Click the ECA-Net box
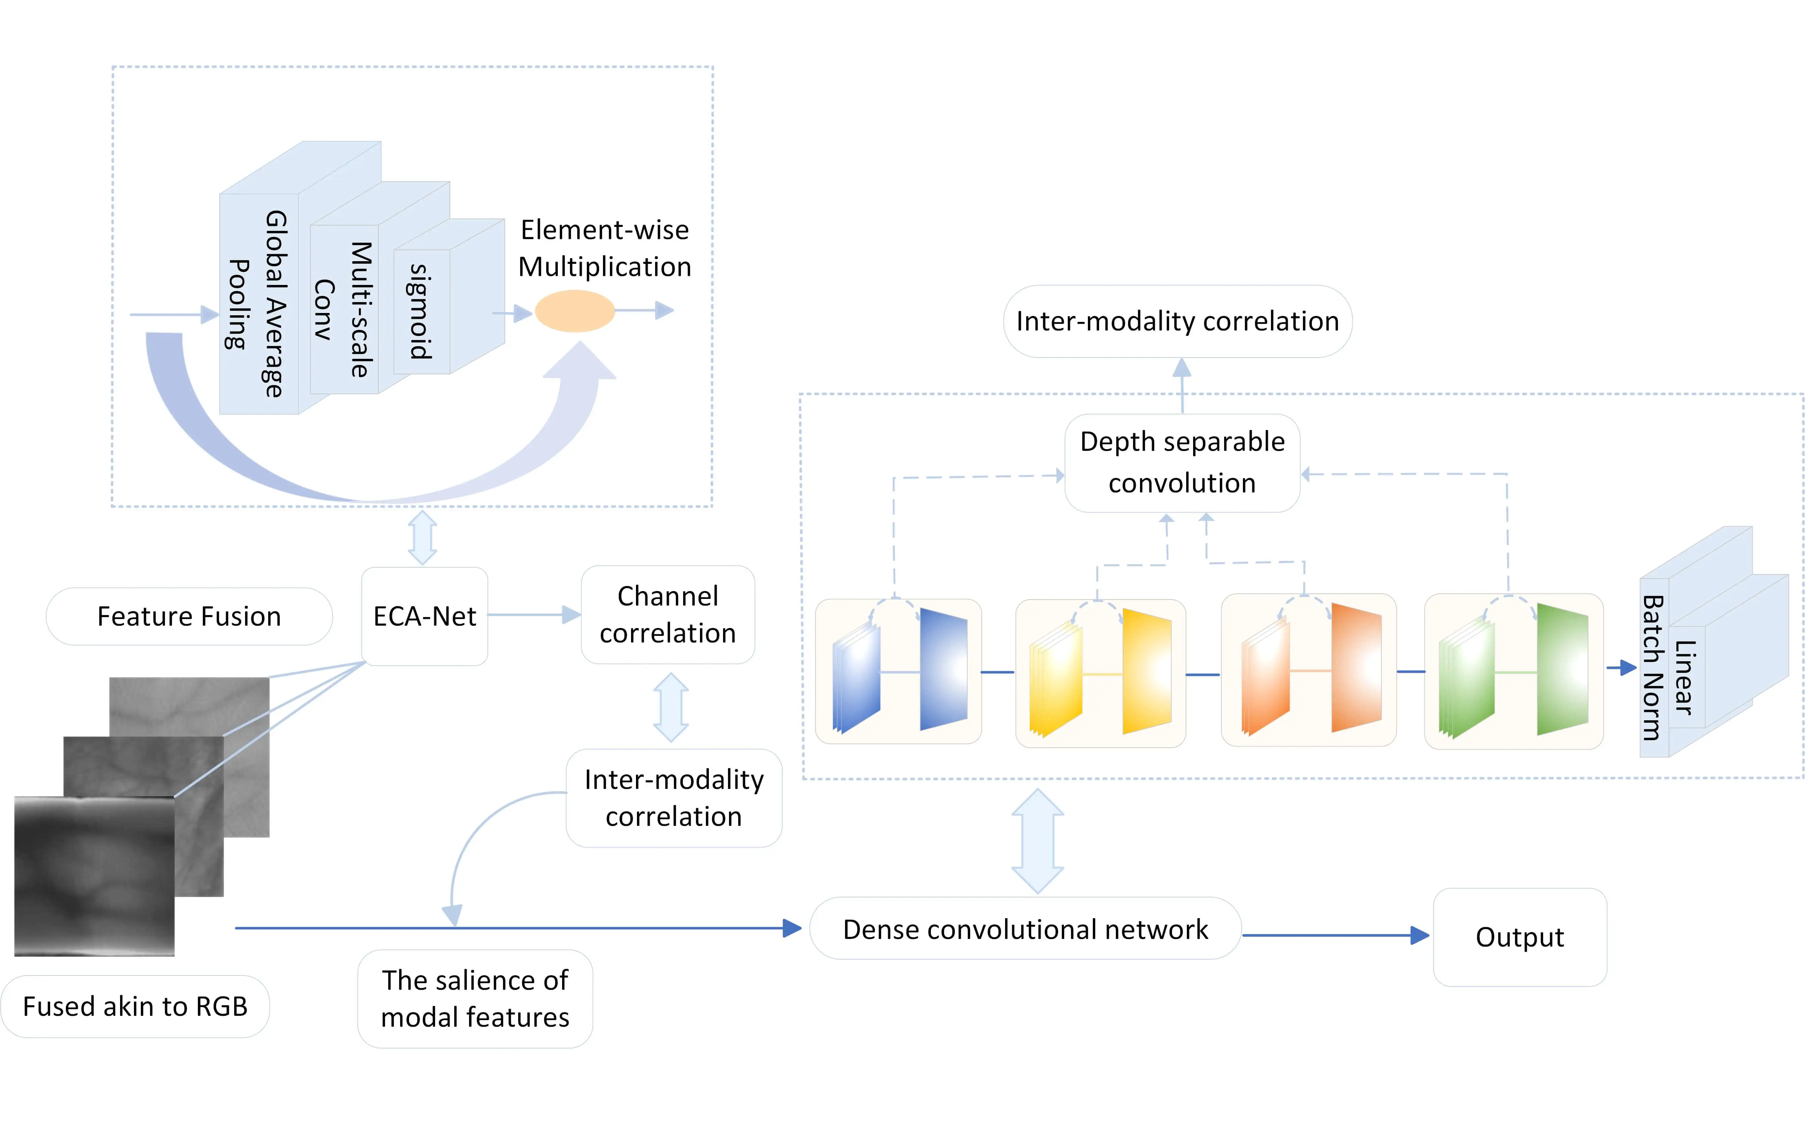coord(425,616)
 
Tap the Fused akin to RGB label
coord(135,1006)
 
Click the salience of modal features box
coord(475,999)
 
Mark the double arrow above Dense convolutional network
coord(1038,841)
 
